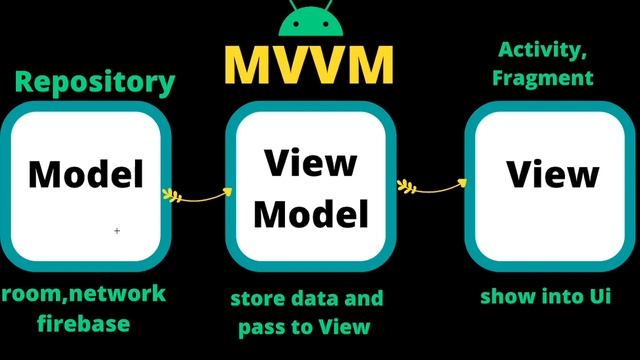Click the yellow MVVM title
tap(309, 65)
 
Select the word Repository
tap(94, 81)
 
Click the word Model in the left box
tap(86, 173)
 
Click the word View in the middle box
tap(317, 163)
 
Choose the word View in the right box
tap(552, 173)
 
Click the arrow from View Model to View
tap(433, 185)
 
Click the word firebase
tap(84, 323)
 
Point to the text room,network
tap(83, 294)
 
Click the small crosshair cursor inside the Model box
tap(117, 231)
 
